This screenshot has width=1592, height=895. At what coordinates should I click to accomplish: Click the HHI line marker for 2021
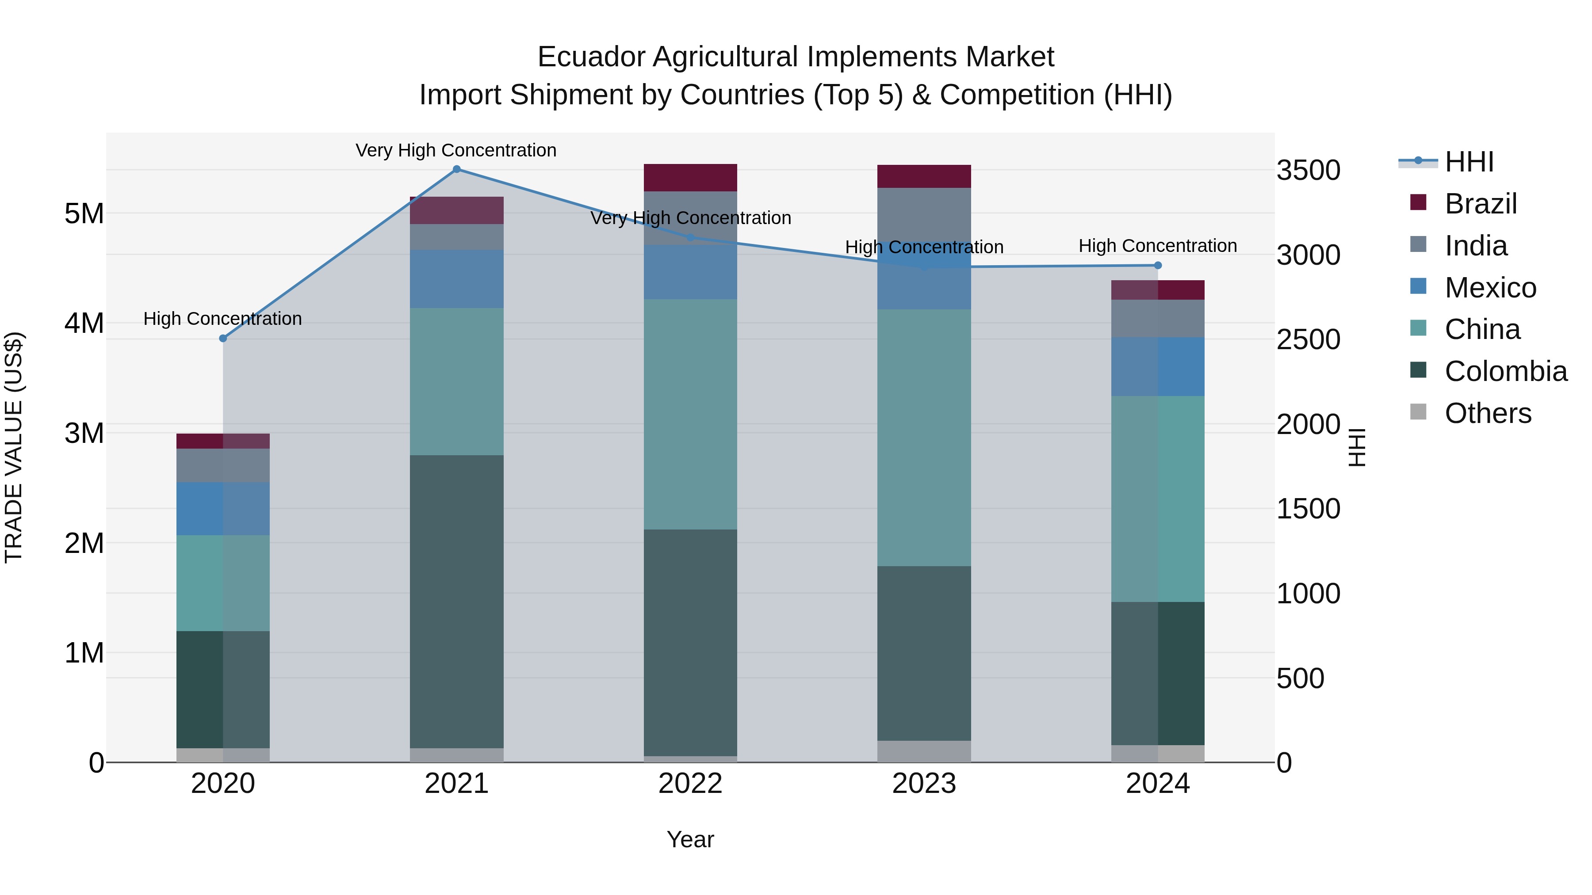(x=457, y=169)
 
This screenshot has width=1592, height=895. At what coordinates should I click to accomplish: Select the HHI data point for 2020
(x=223, y=339)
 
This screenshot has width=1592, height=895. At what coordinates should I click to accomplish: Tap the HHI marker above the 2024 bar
(x=1158, y=266)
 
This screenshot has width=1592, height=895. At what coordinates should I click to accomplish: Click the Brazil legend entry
(x=1480, y=204)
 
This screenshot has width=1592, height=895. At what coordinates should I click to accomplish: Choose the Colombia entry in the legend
(x=1505, y=371)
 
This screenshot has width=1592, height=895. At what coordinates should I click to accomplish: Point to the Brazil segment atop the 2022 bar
(x=690, y=178)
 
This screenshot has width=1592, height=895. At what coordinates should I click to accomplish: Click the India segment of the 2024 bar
(x=1158, y=319)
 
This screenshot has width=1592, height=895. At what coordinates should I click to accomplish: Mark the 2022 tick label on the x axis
(x=690, y=784)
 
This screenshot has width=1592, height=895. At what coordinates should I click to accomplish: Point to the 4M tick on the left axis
(x=84, y=323)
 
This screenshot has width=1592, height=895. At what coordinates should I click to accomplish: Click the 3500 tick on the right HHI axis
(x=1309, y=171)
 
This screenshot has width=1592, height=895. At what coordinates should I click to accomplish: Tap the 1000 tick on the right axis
(x=1309, y=594)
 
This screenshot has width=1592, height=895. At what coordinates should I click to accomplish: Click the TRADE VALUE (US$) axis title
(x=14, y=447)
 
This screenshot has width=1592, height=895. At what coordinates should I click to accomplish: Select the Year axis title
(x=690, y=839)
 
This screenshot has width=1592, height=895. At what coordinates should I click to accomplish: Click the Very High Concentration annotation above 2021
(x=456, y=150)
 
